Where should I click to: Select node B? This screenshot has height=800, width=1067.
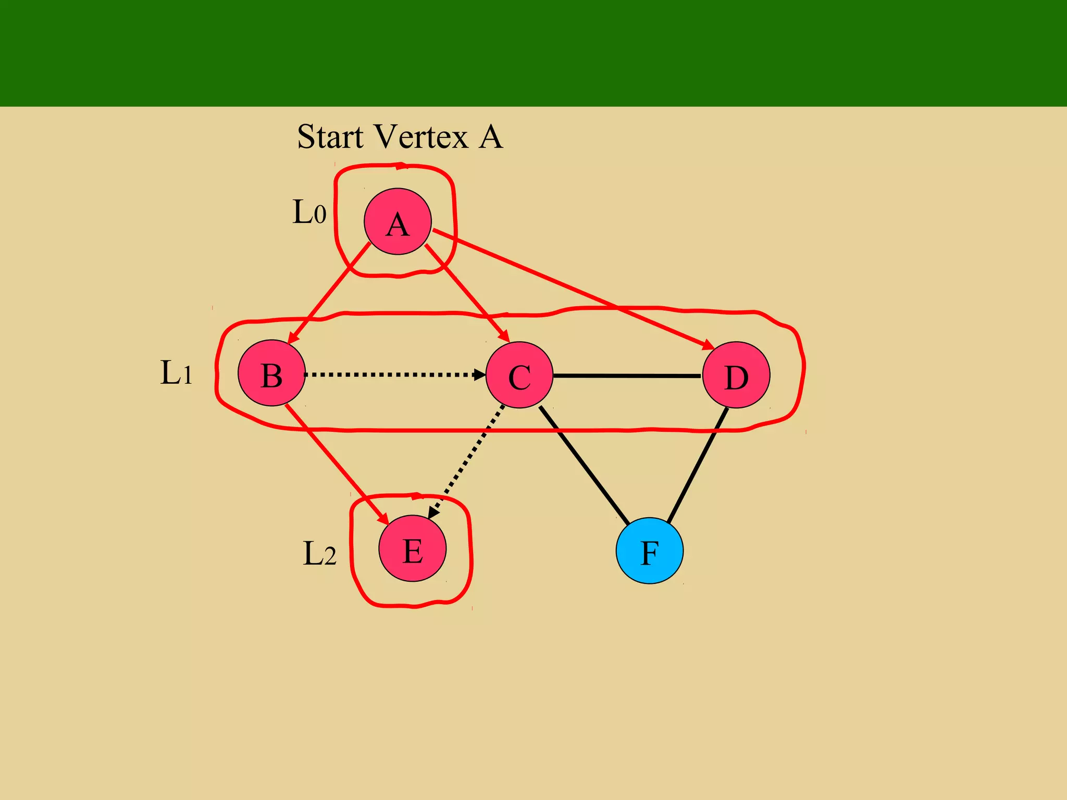click(x=271, y=373)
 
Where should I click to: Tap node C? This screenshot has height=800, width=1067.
click(x=519, y=375)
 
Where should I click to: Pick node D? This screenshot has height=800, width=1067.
click(x=736, y=375)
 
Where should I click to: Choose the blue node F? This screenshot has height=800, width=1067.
click(x=650, y=551)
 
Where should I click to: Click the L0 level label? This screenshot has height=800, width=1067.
click(x=309, y=212)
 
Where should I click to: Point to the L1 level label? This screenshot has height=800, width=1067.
click(x=176, y=373)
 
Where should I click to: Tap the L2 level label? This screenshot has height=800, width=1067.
click(x=319, y=553)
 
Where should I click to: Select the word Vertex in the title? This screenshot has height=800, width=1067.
click(x=421, y=137)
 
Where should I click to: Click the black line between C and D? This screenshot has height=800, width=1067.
click(x=627, y=376)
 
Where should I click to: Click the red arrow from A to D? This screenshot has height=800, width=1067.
click(x=573, y=290)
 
